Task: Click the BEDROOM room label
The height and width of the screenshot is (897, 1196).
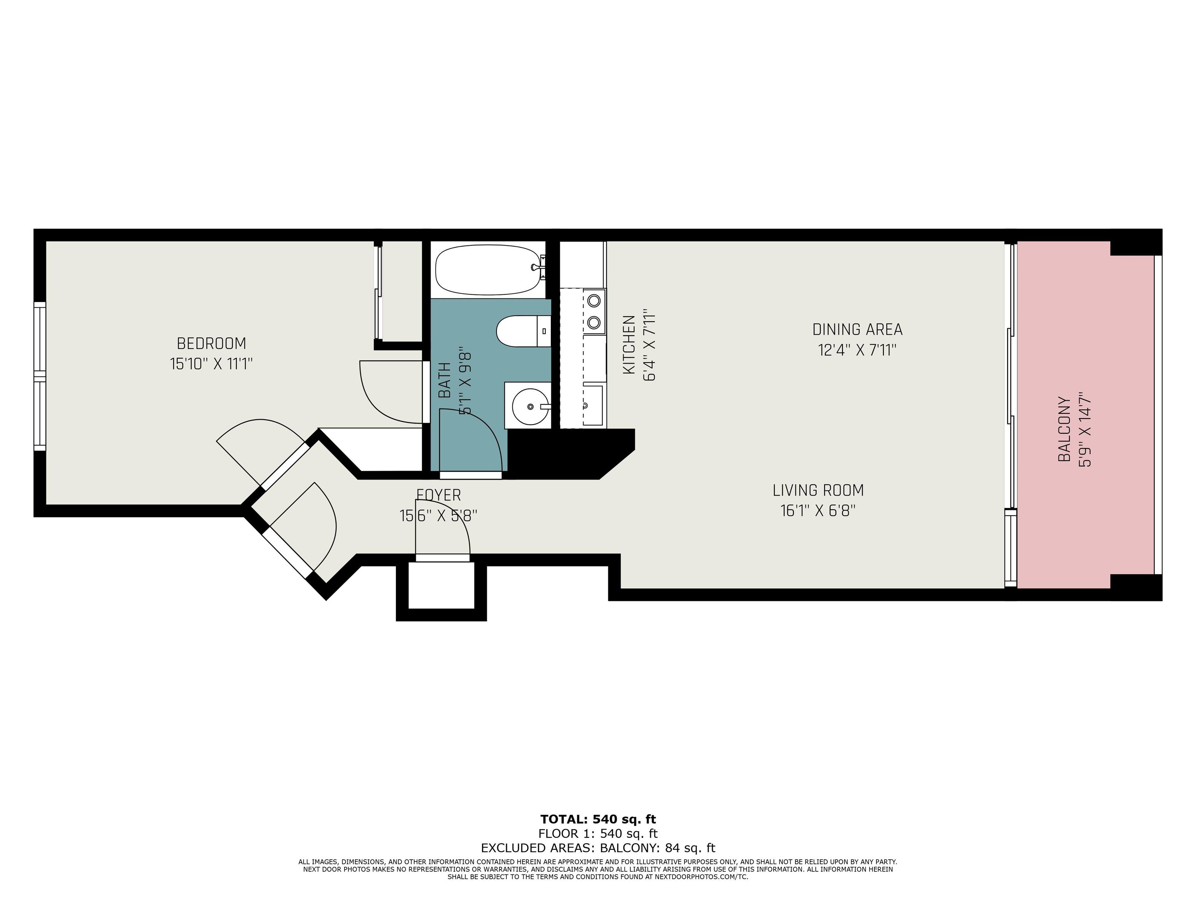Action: pyautogui.click(x=211, y=343)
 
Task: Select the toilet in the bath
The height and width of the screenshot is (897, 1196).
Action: pyautogui.click(x=523, y=331)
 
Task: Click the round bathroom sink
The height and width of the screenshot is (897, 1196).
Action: pyautogui.click(x=528, y=406)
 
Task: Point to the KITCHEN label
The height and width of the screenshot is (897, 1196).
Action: pyautogui.click(x=629, y=345)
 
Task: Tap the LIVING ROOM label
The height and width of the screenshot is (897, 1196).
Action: pyautogui.click(x=818, y=491)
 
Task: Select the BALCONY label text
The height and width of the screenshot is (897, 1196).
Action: pyautogui.click(x=1064, y=429)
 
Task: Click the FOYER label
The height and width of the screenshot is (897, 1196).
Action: pyautogui.click(x=438, y=495)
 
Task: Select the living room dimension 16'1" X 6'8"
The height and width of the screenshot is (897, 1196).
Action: pyautogui.click(x=818, y=510)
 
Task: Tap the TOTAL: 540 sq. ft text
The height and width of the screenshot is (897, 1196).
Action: pyautogui.click(x=598, y=819)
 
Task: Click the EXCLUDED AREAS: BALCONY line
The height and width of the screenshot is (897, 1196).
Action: pyautogui.click(x=598, y=848)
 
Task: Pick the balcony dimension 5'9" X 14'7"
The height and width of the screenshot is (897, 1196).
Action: pyautogui.click(x=1085, y=429)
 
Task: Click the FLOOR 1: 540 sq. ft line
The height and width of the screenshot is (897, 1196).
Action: pyautogui.click(x=598, y=834)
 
